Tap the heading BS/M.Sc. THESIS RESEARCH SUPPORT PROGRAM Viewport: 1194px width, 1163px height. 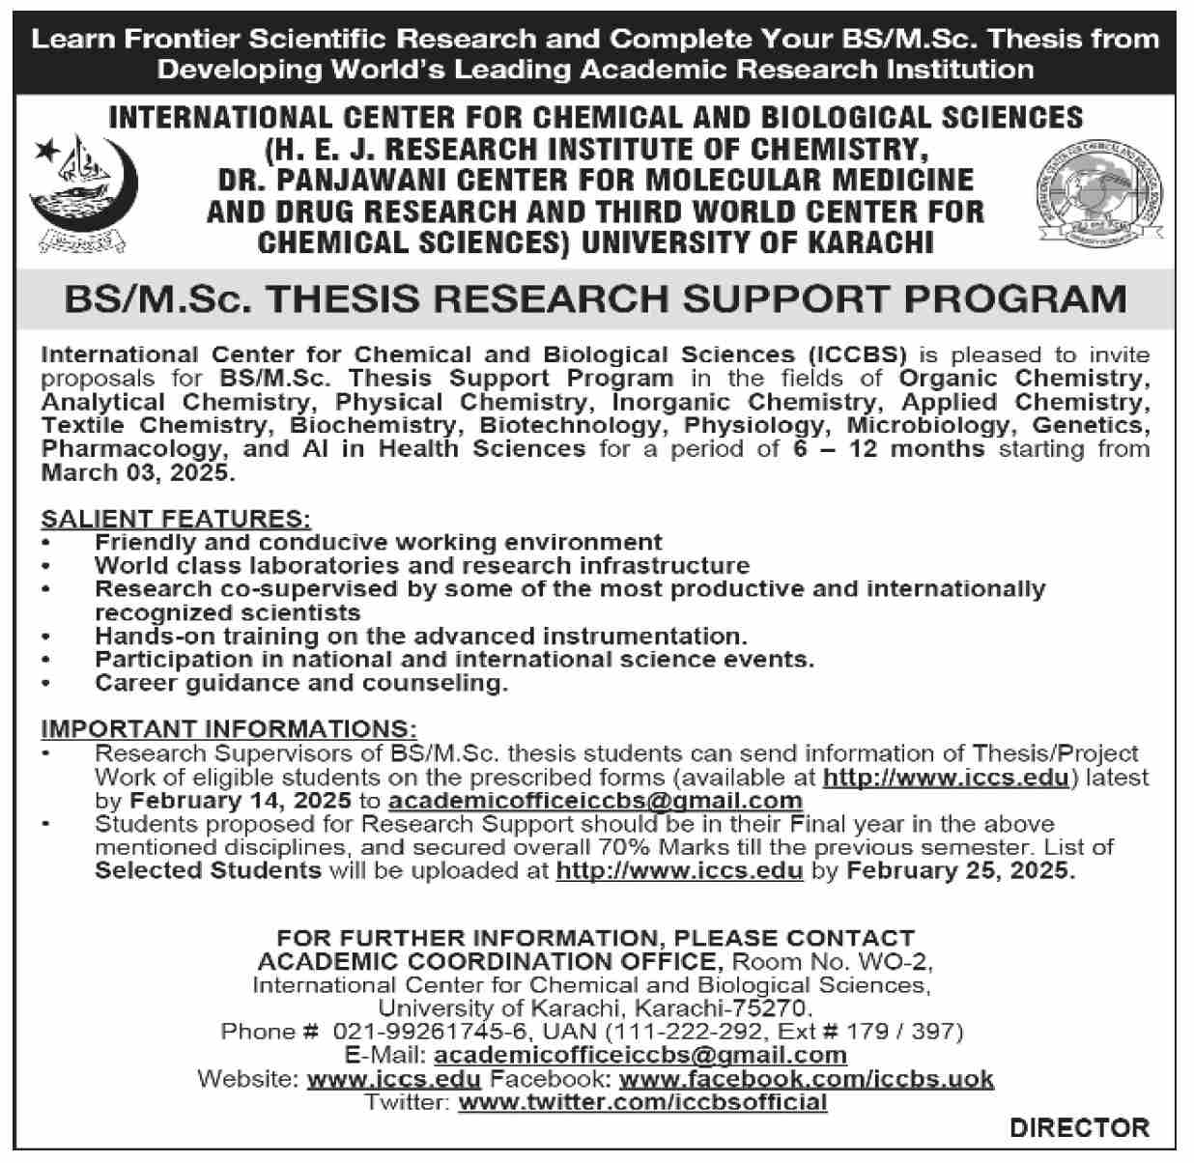595,298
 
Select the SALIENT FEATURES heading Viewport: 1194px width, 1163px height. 176,519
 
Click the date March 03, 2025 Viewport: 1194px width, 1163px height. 137,473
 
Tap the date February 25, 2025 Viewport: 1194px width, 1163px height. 959,870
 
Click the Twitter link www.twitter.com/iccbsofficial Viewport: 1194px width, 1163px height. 642,1101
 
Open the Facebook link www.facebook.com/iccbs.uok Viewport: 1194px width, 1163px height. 806,1078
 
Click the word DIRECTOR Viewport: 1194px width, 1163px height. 1080,1127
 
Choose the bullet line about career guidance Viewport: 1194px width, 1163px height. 301,684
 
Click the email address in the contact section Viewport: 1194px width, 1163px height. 640,1055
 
